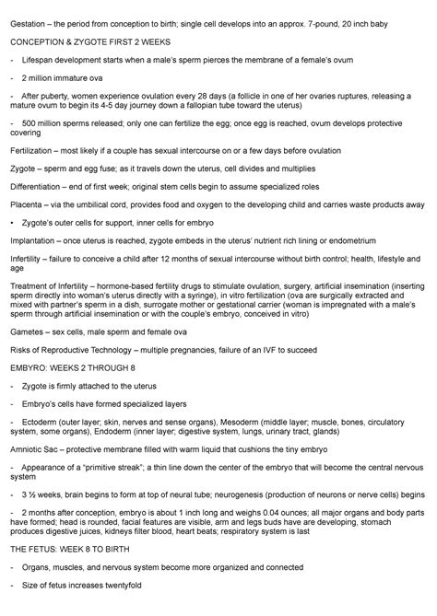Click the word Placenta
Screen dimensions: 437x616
click(x=27, y=205)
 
